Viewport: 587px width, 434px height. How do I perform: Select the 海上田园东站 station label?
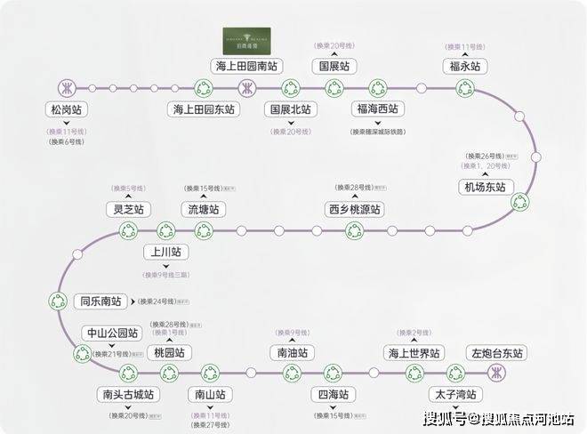click(x=205, y=110)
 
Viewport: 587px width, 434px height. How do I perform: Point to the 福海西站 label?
click(x=378, y=110)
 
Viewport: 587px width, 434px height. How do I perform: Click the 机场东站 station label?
click(x=484, y=187)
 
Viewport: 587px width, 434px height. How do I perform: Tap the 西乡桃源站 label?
click(x=354, y=210)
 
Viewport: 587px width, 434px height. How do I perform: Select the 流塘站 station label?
click(x=203, y=210)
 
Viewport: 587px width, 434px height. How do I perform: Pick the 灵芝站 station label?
click(x=128, y=210)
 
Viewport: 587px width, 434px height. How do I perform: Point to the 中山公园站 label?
click(x=111, y=334)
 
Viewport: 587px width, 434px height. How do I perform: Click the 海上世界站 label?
click(x=414, y=353)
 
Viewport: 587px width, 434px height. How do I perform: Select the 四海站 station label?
click(x=332, y=395)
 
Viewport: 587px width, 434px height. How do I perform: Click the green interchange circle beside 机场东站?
click(x=519, y=203)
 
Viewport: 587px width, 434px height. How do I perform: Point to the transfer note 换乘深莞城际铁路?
click(x=378, y=132)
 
